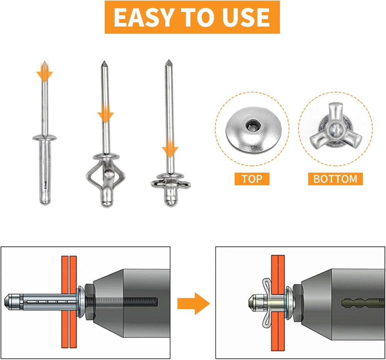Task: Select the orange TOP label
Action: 252,179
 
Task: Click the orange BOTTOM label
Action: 335,179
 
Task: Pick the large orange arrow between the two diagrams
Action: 193,303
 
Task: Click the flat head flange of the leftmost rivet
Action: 44,138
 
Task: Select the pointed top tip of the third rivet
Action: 169,62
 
